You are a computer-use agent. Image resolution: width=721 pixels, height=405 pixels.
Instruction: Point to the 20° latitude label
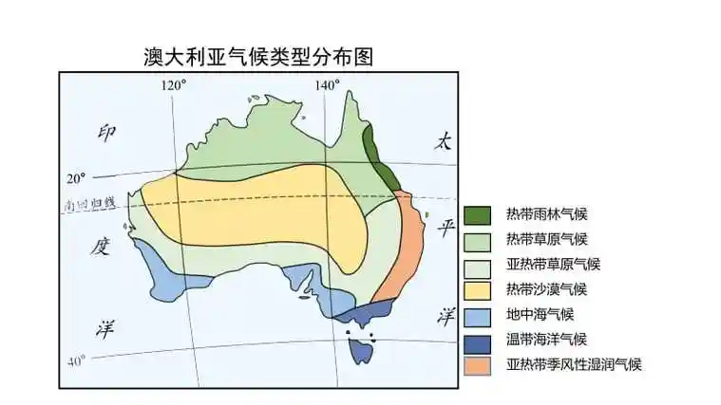click(76, 177)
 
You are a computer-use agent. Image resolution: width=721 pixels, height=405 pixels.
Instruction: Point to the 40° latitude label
click(76, 359)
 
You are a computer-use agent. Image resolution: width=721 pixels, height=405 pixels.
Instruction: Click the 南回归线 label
click(88, 203)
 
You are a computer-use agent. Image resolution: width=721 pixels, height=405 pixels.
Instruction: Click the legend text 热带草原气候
click(547, 239)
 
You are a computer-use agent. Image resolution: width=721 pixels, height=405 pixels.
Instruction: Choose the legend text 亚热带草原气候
click(554, 264)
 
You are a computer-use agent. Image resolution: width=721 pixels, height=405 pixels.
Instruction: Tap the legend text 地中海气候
click(541, 314)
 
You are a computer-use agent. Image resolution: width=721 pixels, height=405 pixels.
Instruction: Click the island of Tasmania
click(361, 351)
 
